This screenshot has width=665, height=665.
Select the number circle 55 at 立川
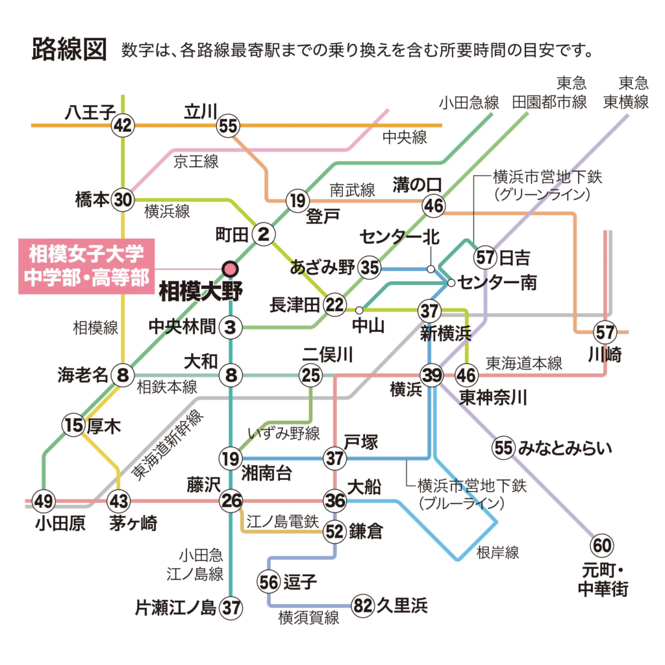(229, 125)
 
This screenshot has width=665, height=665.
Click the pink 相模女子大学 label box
(84, 266)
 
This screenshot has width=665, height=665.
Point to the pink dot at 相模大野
(231, 268)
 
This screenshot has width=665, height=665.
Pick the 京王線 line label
(195, 162)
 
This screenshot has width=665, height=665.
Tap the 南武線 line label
(352, 190)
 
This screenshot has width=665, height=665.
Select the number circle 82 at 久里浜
(364, 606)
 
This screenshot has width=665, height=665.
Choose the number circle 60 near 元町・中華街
(601, 545)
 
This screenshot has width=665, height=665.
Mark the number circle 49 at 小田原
(44, 501)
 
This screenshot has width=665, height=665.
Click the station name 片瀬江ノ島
(175, 608)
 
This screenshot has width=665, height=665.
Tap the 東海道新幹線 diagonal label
(168, 445)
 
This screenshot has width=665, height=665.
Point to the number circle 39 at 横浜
(431, 375)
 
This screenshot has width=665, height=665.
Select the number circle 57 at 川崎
(605, 332)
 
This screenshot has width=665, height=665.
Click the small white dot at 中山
(359, 310)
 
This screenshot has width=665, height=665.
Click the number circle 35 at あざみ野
(370, 268)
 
